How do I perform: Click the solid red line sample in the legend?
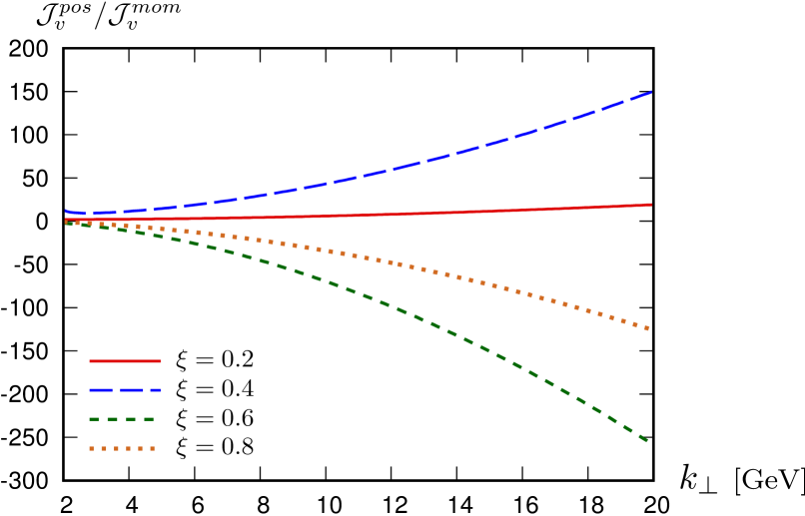click(x=125, y=361)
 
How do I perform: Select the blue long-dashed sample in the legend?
click(x=125, y=390)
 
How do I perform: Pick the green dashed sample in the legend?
click(x=122, y=419)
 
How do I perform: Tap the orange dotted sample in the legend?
click(x=122, y=448)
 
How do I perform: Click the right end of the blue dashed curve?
click(x=651, y=93)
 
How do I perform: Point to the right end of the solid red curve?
click(x=651, y=205)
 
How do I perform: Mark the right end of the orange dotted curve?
click(x=649, y=328)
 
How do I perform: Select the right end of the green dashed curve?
click(x=648, y=440)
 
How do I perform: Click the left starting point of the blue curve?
click(x=66, y=211)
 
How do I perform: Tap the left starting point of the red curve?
click(x=66, y=219)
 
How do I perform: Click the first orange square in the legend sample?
click(x=92, y=448)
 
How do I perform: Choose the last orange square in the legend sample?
click(x=153, y=448)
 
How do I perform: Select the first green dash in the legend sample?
click(x=95, y=419)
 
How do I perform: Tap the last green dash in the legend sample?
click(x=149, y=419)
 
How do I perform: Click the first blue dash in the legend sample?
click(x=100, y=390)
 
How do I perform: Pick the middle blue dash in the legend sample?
click(x=132, y=390)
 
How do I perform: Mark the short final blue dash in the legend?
click(x=157, y=390)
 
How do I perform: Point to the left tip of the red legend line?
click(x=90, y=361)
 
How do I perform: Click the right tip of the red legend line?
click(x=161, y=361)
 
